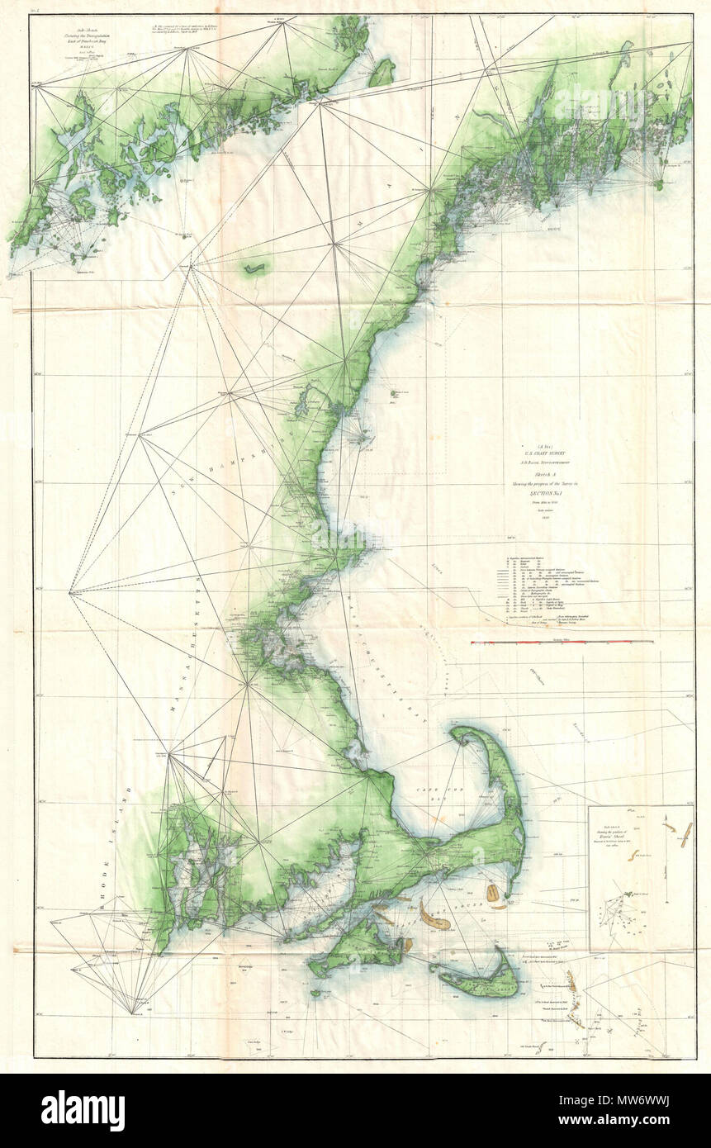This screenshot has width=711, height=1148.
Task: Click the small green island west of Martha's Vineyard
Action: pos(313,994)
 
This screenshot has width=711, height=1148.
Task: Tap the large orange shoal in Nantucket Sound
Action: pos(433,914)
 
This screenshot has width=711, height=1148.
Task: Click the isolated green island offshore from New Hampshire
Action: pos(397,395)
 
